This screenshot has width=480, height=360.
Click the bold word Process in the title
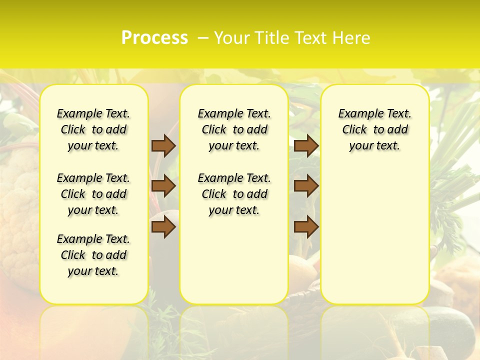point(154,38)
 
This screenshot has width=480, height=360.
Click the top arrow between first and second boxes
point(163,145)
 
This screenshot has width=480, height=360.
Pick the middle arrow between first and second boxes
point(163,186)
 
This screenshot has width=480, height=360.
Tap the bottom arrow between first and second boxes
point(163,227)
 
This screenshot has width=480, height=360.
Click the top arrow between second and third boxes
point(306,145)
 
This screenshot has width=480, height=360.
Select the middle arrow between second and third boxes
point(306,186)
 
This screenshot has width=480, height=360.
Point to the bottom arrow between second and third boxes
point(306,227)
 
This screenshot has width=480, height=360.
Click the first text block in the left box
point(93,129)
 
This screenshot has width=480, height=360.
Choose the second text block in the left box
point(93,194)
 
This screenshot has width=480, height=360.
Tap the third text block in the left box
point(93,255)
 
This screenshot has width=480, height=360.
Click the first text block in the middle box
point(234,129)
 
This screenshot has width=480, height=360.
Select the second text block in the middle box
point(234,194)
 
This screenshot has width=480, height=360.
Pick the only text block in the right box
point(375,129)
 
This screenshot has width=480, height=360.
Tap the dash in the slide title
point(203,38)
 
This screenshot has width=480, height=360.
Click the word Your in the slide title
point(232,38)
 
